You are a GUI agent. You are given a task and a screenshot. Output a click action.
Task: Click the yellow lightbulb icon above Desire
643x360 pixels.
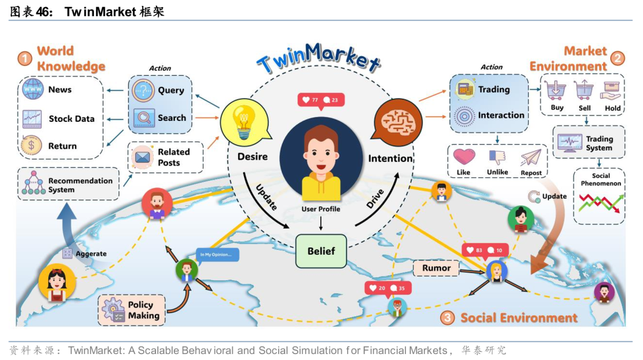(x=242, y=121)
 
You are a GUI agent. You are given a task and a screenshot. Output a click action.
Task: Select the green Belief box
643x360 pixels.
(x=321, y=251)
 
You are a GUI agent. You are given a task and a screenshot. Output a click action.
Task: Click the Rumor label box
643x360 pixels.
(x=436, y=268)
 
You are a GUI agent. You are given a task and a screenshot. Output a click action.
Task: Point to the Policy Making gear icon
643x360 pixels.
(x=113, y=310)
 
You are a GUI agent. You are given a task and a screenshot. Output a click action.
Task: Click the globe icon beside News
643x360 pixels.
(x=32, y=90)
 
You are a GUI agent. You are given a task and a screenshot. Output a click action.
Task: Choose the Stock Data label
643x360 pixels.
(x=71, y=119)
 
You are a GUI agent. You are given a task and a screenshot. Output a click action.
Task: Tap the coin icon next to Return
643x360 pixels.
(x=32, y=145)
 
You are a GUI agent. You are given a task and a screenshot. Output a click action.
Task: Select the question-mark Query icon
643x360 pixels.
(x=143, y=90)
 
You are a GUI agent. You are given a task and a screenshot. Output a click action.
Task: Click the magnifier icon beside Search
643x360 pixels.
(x=143, y=118)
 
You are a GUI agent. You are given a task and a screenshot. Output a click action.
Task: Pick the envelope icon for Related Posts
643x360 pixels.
(x=143, y=157)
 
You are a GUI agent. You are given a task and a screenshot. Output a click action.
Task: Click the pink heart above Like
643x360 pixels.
(x=464, y=157)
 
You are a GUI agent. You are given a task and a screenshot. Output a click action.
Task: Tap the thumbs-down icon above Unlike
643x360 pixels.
(x=497, y=157)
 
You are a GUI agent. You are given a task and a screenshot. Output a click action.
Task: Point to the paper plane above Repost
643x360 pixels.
(x=530, y=158)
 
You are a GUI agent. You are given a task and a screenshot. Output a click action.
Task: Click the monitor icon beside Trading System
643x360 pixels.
(x=569, y=143)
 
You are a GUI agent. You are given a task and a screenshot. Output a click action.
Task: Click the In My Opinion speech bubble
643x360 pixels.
(x=218, y=255)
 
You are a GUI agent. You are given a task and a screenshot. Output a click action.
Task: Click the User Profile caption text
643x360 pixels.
(x=321, y=209)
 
